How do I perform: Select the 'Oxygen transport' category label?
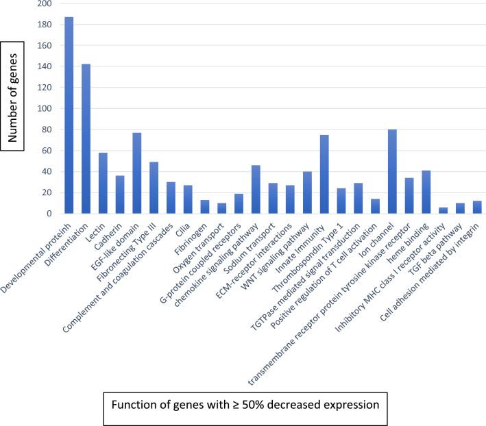(x=205, y=240)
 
